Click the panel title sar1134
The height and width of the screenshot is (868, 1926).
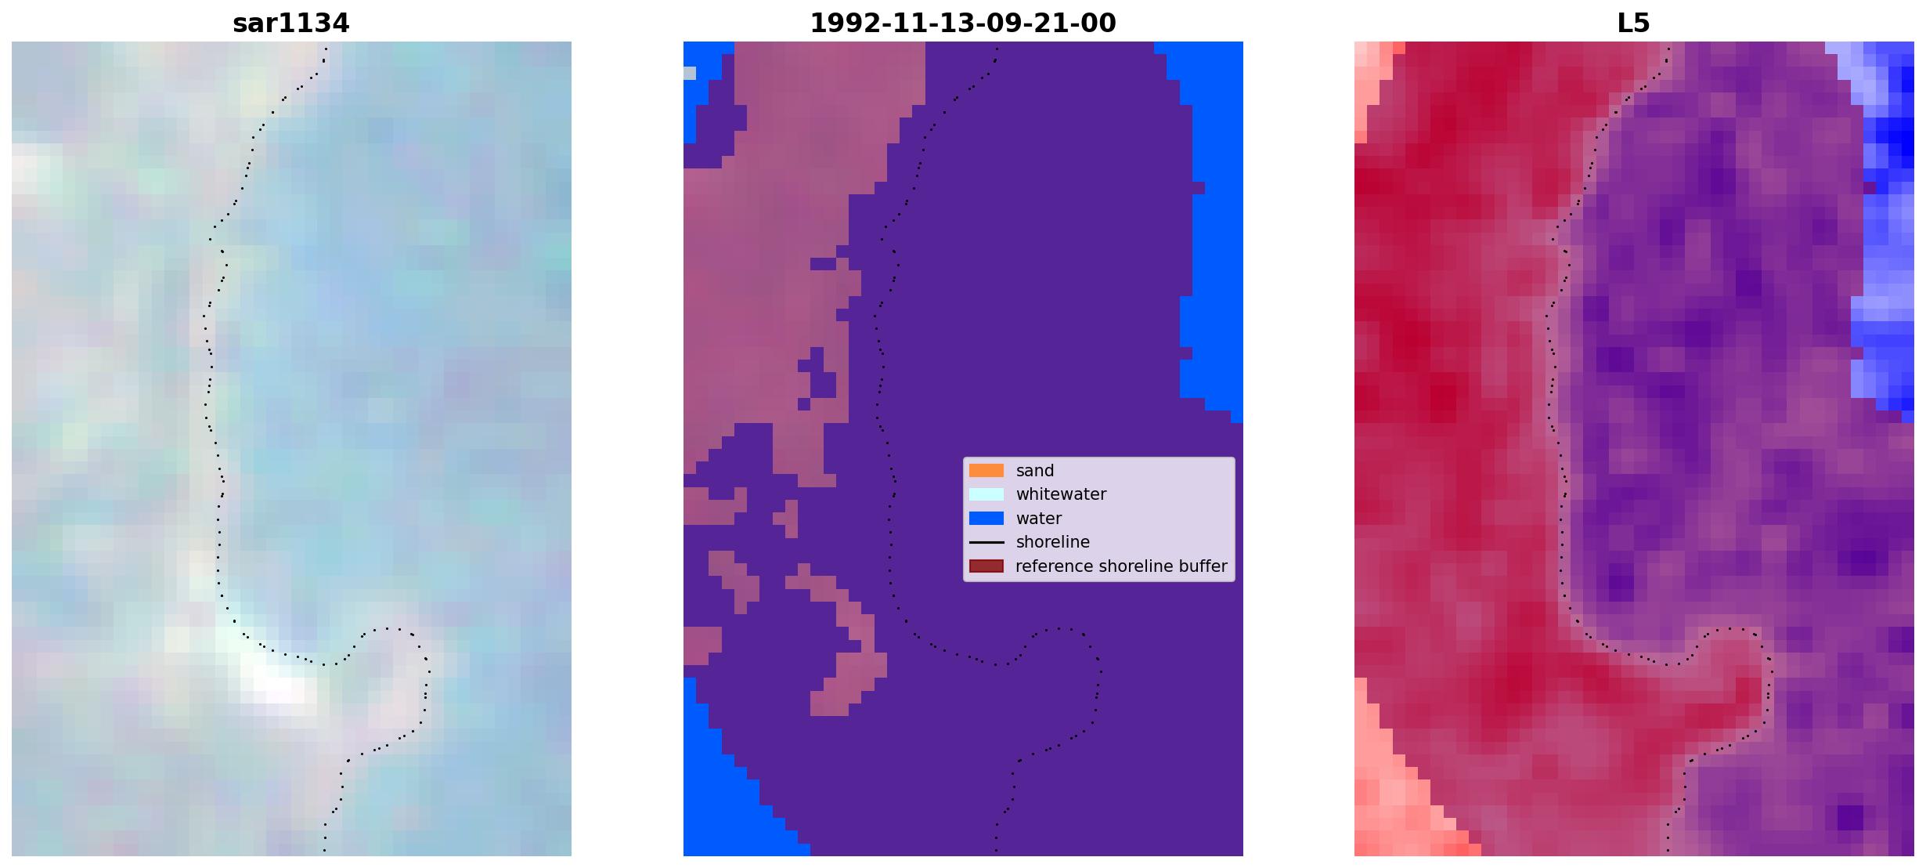[x=290, y=24]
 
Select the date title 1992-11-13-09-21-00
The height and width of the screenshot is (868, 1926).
[x=962, y=24]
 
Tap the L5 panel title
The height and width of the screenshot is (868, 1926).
[x=1633, y=24]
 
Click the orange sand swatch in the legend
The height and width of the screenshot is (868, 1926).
[x=986, y=470]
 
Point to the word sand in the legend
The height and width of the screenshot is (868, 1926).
[x=1034, y=471]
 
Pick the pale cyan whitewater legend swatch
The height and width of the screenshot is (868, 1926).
[x=986, y=494]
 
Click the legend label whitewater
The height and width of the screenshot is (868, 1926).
[x=1061, y=494]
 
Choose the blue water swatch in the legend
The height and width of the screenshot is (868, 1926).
[x=986, y=518]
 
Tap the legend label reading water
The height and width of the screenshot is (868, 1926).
[x=1038, y=519]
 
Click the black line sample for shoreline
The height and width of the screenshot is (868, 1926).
[x=986, y=542]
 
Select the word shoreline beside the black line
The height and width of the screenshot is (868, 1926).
[x=1052, y=542]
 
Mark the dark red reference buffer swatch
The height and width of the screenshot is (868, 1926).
[x=986, y=566]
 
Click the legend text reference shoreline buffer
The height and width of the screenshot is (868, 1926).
[x=1121, y=566]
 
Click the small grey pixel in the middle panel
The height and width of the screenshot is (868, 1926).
[x=689, y=74]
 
